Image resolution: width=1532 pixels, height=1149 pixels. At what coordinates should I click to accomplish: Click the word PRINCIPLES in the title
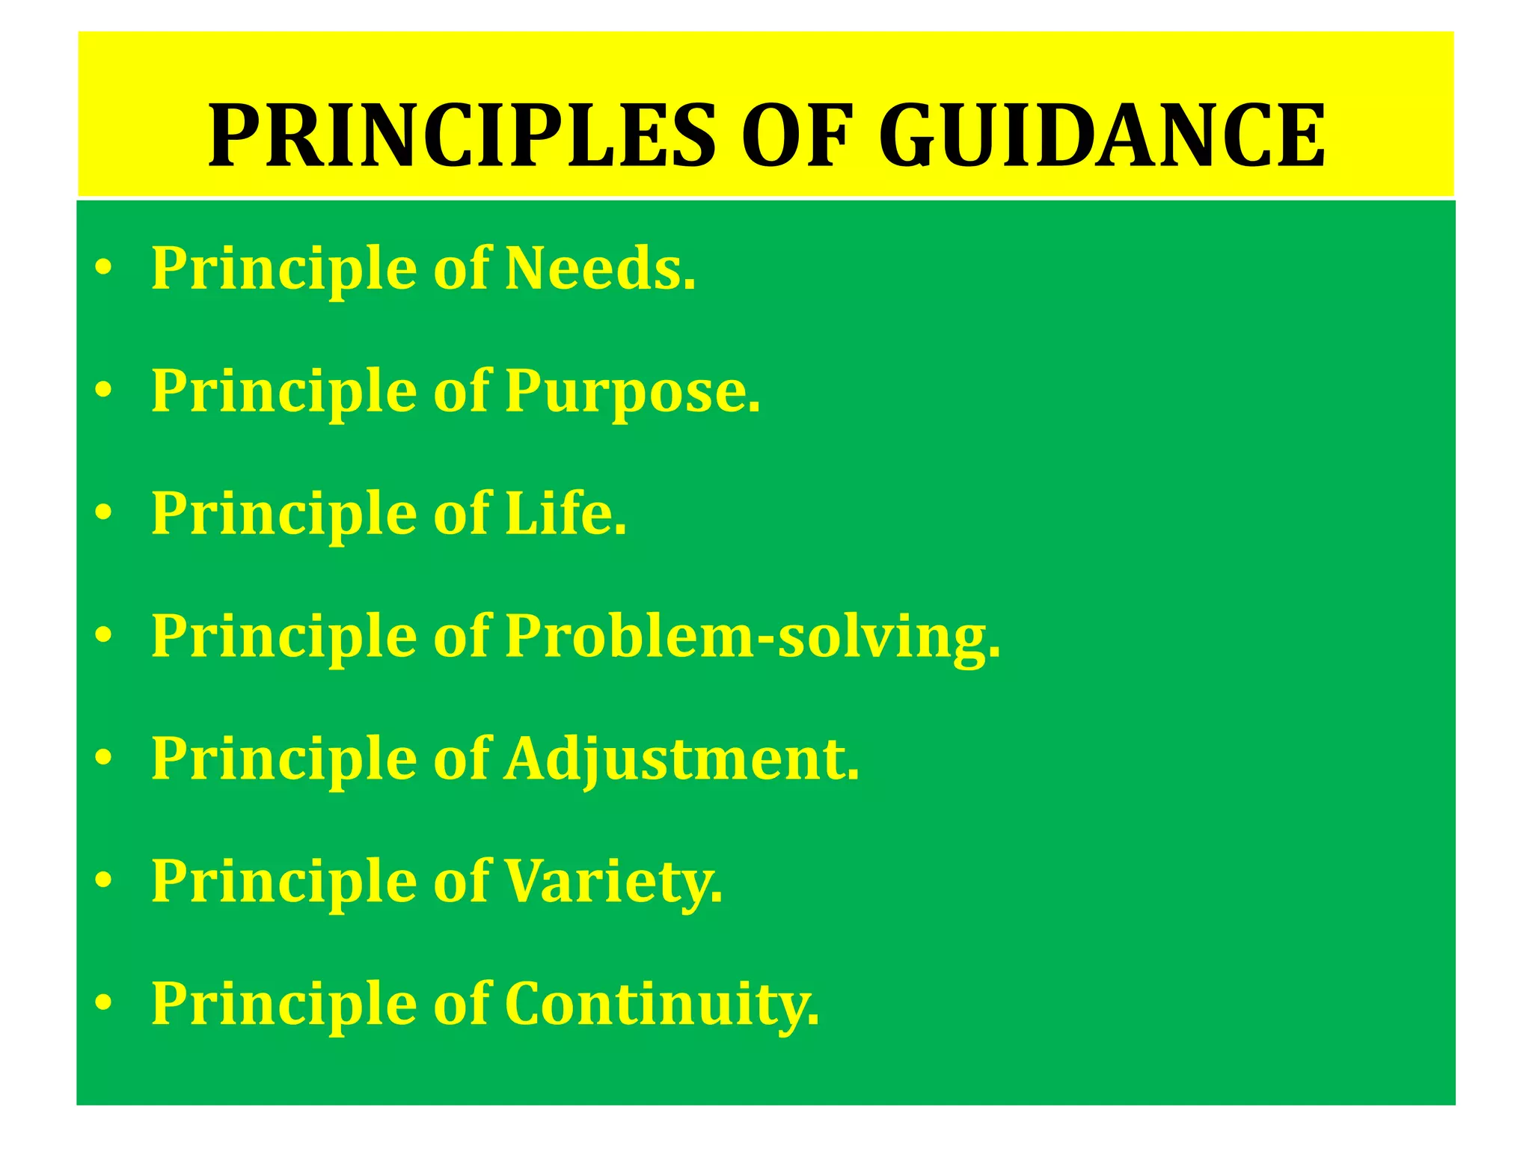pyautogui.click(x=462, y=137)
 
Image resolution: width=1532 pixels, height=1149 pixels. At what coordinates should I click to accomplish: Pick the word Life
pyautogui.click(x=566, y=514)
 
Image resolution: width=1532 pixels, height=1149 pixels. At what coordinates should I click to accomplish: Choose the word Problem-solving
pyautogui.click(x=752, y=637)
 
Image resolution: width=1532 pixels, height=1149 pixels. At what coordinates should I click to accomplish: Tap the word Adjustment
pyautogui.click(x=681, y=759)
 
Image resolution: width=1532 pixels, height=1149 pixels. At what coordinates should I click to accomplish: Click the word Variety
pyautogui.click(x=613, y=882)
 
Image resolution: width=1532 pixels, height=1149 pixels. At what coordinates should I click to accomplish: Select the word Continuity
pyautogui.click(x=661, y=1005)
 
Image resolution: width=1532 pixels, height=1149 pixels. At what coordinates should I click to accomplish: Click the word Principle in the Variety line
pyautogui.click(x=284, y=882)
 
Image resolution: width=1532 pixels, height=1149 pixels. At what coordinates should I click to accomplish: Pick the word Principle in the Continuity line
pyautogui.click(x=284, y=1005)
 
